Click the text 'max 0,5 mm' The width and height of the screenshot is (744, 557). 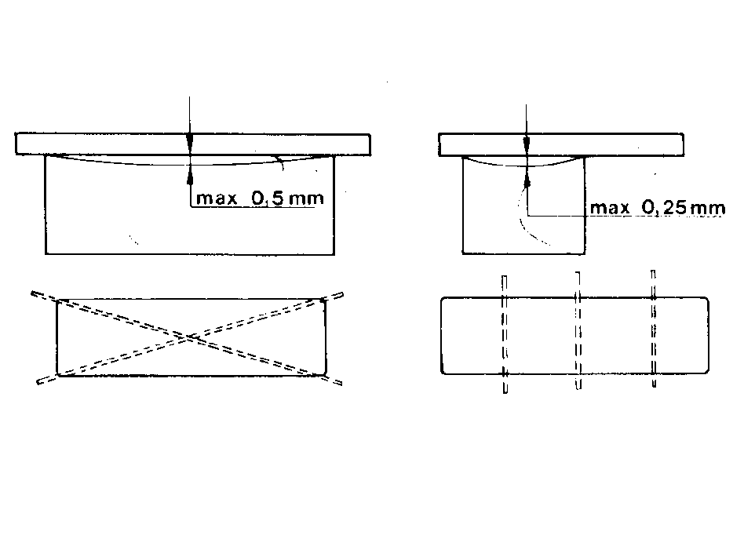(x=260, y=198)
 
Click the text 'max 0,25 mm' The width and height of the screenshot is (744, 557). (x=658, y=208)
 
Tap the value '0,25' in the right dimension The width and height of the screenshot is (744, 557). (x=664, y=208)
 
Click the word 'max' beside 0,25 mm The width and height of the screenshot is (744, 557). (x=610, y=208)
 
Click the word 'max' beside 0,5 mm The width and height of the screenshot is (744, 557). (x=217, y=198)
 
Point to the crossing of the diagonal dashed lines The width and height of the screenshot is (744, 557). (x=190, y=337)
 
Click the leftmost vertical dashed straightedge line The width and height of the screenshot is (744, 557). (x=505, y=334)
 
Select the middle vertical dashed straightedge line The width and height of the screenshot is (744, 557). (x=578, y=331)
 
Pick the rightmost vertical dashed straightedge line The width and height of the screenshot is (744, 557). (x=654, y=329)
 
